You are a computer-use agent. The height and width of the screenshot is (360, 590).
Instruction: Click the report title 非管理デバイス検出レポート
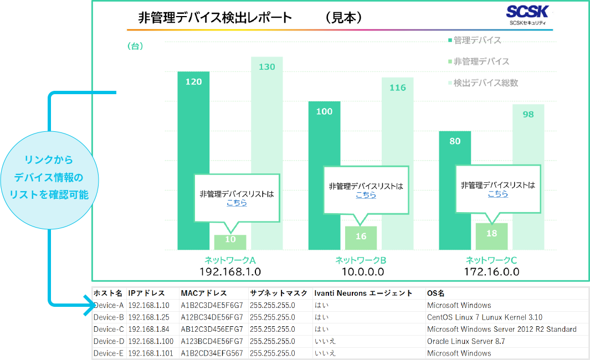[x=215, y=18]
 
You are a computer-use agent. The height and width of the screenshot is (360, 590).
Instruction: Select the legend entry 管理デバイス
[x=476, y=40]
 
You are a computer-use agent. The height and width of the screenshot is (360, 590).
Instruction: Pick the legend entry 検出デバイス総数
[x=485, y=83]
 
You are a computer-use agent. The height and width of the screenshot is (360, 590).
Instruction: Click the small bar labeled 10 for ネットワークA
[x=230, y=241]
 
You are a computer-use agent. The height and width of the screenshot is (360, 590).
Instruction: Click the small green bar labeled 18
[x=491, y=235]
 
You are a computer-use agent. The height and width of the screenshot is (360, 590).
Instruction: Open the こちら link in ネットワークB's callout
[x=366, y=195]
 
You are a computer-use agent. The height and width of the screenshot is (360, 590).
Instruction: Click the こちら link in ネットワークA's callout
[x=237, y=203]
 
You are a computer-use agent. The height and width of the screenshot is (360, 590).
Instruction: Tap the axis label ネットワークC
[x=491, y=260]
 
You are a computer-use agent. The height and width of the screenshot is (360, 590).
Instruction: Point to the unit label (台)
[x=135, y=47]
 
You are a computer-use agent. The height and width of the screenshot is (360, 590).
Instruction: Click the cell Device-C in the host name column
[x=109, y=329]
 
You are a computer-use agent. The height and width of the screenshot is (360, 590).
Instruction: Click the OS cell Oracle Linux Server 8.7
[x=465, y=341]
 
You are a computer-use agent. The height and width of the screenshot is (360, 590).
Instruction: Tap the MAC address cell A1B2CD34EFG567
[x=212, y=353]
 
